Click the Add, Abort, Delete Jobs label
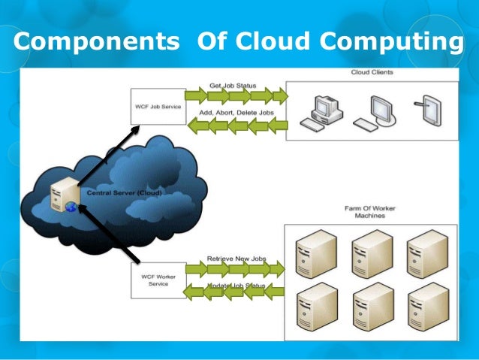pyautogui.click(x=236, y=112)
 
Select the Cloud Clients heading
pyautogui.click(x=372, y=73)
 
